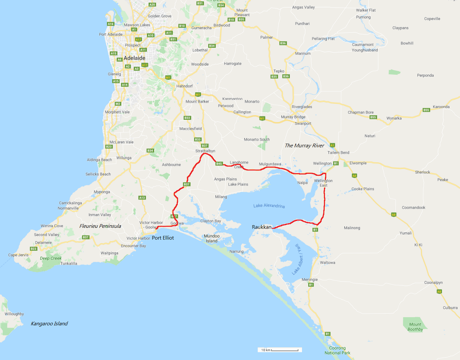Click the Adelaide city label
134,58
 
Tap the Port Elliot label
163,238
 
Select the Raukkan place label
261,227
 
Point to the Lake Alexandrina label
269,206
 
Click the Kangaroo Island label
49,324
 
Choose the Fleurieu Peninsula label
100,226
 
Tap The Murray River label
304,146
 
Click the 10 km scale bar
279,350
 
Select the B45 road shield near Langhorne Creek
219,164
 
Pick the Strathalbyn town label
205,151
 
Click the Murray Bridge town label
293,116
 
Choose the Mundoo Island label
212,238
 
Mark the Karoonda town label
441,106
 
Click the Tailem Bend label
339,152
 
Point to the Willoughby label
14,314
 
